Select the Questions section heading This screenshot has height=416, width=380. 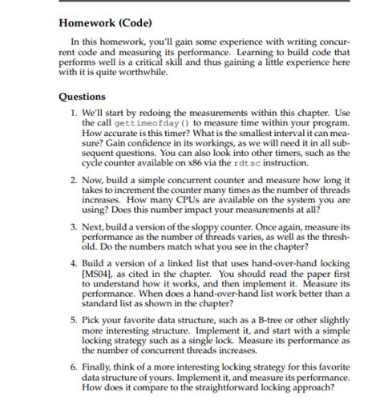83,97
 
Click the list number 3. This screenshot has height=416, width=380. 73,228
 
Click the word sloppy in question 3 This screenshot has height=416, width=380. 201,228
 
